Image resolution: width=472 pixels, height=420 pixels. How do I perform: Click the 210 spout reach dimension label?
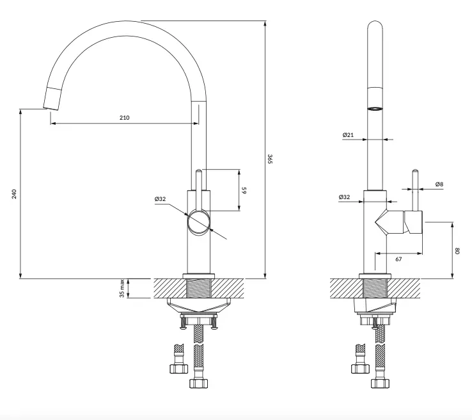(124, 118)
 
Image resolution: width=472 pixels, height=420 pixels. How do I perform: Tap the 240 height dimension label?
(14, 194)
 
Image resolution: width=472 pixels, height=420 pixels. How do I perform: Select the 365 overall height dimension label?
(270, 159)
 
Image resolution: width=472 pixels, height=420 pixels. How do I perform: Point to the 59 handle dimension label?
(244, 190)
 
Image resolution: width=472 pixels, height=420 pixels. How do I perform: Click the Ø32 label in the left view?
(160, 199)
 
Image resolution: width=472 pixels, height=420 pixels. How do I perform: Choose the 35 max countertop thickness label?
(122, 288)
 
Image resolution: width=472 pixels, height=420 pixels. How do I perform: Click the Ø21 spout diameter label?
(348, 135)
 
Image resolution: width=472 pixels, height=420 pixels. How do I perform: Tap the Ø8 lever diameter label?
(439, 184)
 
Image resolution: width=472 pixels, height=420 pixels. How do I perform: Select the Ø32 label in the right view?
(344, 197)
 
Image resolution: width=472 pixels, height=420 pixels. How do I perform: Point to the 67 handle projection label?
(398, 259)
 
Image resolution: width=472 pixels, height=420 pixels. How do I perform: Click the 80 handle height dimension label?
(458, 251)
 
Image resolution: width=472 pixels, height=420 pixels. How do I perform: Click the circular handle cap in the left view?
(198, 223)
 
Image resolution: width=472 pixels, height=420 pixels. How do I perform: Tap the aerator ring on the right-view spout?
(375, 109)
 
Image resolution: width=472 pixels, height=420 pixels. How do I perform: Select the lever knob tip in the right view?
(415, 171)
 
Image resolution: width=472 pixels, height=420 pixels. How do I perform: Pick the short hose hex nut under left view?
(178, 369)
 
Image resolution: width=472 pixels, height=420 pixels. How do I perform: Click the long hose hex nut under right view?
(380, 384)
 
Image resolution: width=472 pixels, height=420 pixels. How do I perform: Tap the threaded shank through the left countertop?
(199, 288)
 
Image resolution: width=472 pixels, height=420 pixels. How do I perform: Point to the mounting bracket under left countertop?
(199, 306)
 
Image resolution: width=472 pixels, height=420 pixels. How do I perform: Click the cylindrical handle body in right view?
(413, 222)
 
